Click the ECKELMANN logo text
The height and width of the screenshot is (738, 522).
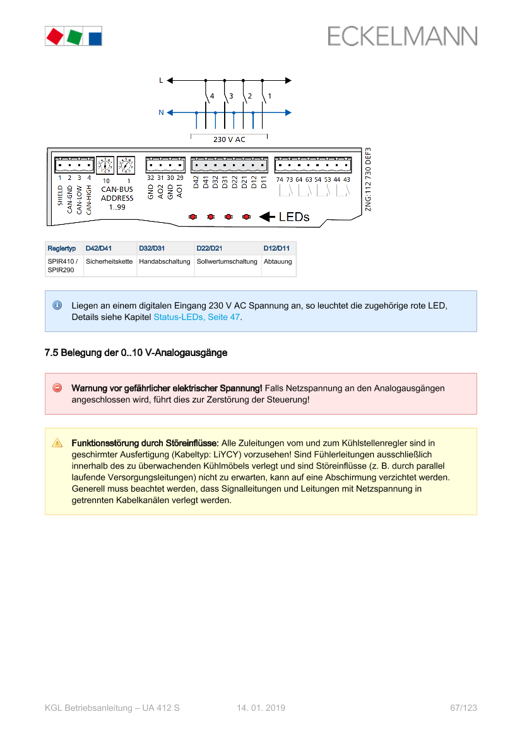pyautogui.click(x=402, y=36)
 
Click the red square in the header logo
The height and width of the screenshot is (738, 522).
pyautogui.click(x=54, y=36)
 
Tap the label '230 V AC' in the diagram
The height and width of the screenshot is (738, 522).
pyautogui.click(x=229, y=140)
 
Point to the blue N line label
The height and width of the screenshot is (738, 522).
pyautogui.click(x=161, y=112)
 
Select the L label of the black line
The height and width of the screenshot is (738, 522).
pyautogui.click(x=161, y=80)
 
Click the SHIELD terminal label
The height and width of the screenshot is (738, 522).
pyautogui.click(x=61, y=195)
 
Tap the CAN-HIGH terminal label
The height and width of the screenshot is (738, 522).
pyautogui.click(x=89, y=198)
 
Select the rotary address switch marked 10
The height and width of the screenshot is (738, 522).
pyautogui.click(x=105, y=165)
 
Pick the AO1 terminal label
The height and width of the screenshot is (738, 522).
pyautogui.click(x=180, y=192)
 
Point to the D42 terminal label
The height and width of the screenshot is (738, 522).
pyautogui.click(x=196, y=182)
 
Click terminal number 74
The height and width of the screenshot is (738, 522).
pyautogui.click(x=280, y=180)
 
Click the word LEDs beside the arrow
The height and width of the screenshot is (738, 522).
pyautogui.click(x=294, y=217)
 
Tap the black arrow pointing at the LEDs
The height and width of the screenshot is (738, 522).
pyautogui.click(x=267, y=217)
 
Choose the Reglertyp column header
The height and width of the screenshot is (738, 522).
pyautogui.click(x=62, y=248)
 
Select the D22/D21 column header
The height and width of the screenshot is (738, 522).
pyautogui.click(x=209, y=248)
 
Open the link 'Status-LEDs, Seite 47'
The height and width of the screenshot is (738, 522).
pyautogui.click(x=196, y=317)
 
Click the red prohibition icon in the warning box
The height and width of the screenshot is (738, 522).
pyautogui.click(x=57, y=388)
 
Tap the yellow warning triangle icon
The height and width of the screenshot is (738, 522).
pyautogui.click(x=57, y=443)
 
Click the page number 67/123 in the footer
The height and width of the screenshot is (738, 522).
pyautogui.click(x=463, y=708)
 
